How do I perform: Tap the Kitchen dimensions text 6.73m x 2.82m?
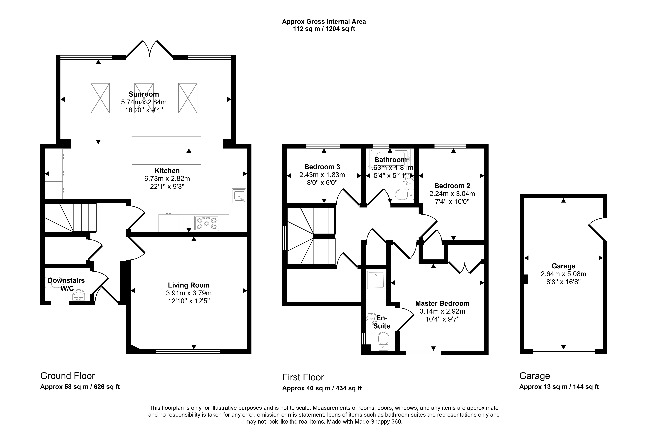coord(167,178)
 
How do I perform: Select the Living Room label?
coord(189,285)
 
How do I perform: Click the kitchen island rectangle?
coord(166,150)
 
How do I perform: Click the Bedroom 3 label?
coord(322,167)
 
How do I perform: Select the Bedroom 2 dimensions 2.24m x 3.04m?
coord(452,194)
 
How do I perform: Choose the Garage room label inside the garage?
coord(564,266)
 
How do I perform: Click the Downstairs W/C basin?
coord(79,295)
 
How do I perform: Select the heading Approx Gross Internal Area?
coord(324,22)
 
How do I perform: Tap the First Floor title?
coord(303,377)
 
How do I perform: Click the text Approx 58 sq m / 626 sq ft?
coord(80,387)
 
